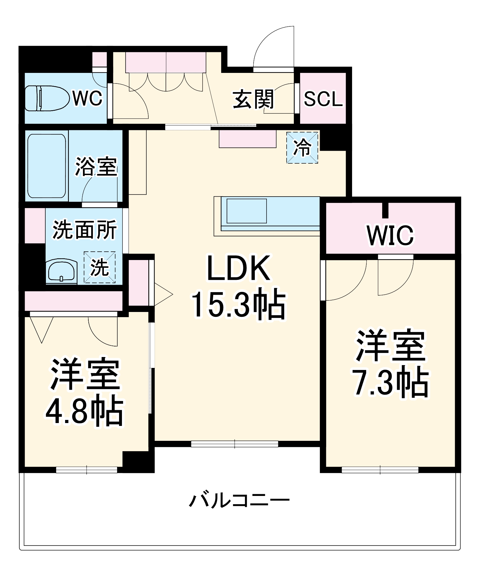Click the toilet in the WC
click(x=47, y=98)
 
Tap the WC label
click(x=87, y=98)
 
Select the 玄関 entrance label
click(x=253, y=99)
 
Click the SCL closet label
click(x=323, y=99)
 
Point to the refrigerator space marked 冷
click(x=302, y=148)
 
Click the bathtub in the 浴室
click(x=46, y=166)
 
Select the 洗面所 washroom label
click(x=84, y=230)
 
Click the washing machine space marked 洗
click(x=100, y=267)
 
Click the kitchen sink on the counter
click(x=246, y=211)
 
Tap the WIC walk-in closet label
click(x=390, y=235)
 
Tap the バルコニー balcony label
click(x=239, y=501)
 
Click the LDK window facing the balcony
click(x=235, y=444)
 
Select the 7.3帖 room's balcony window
click(x=380, y=470)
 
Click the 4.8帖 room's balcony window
click(x=87, y=470)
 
